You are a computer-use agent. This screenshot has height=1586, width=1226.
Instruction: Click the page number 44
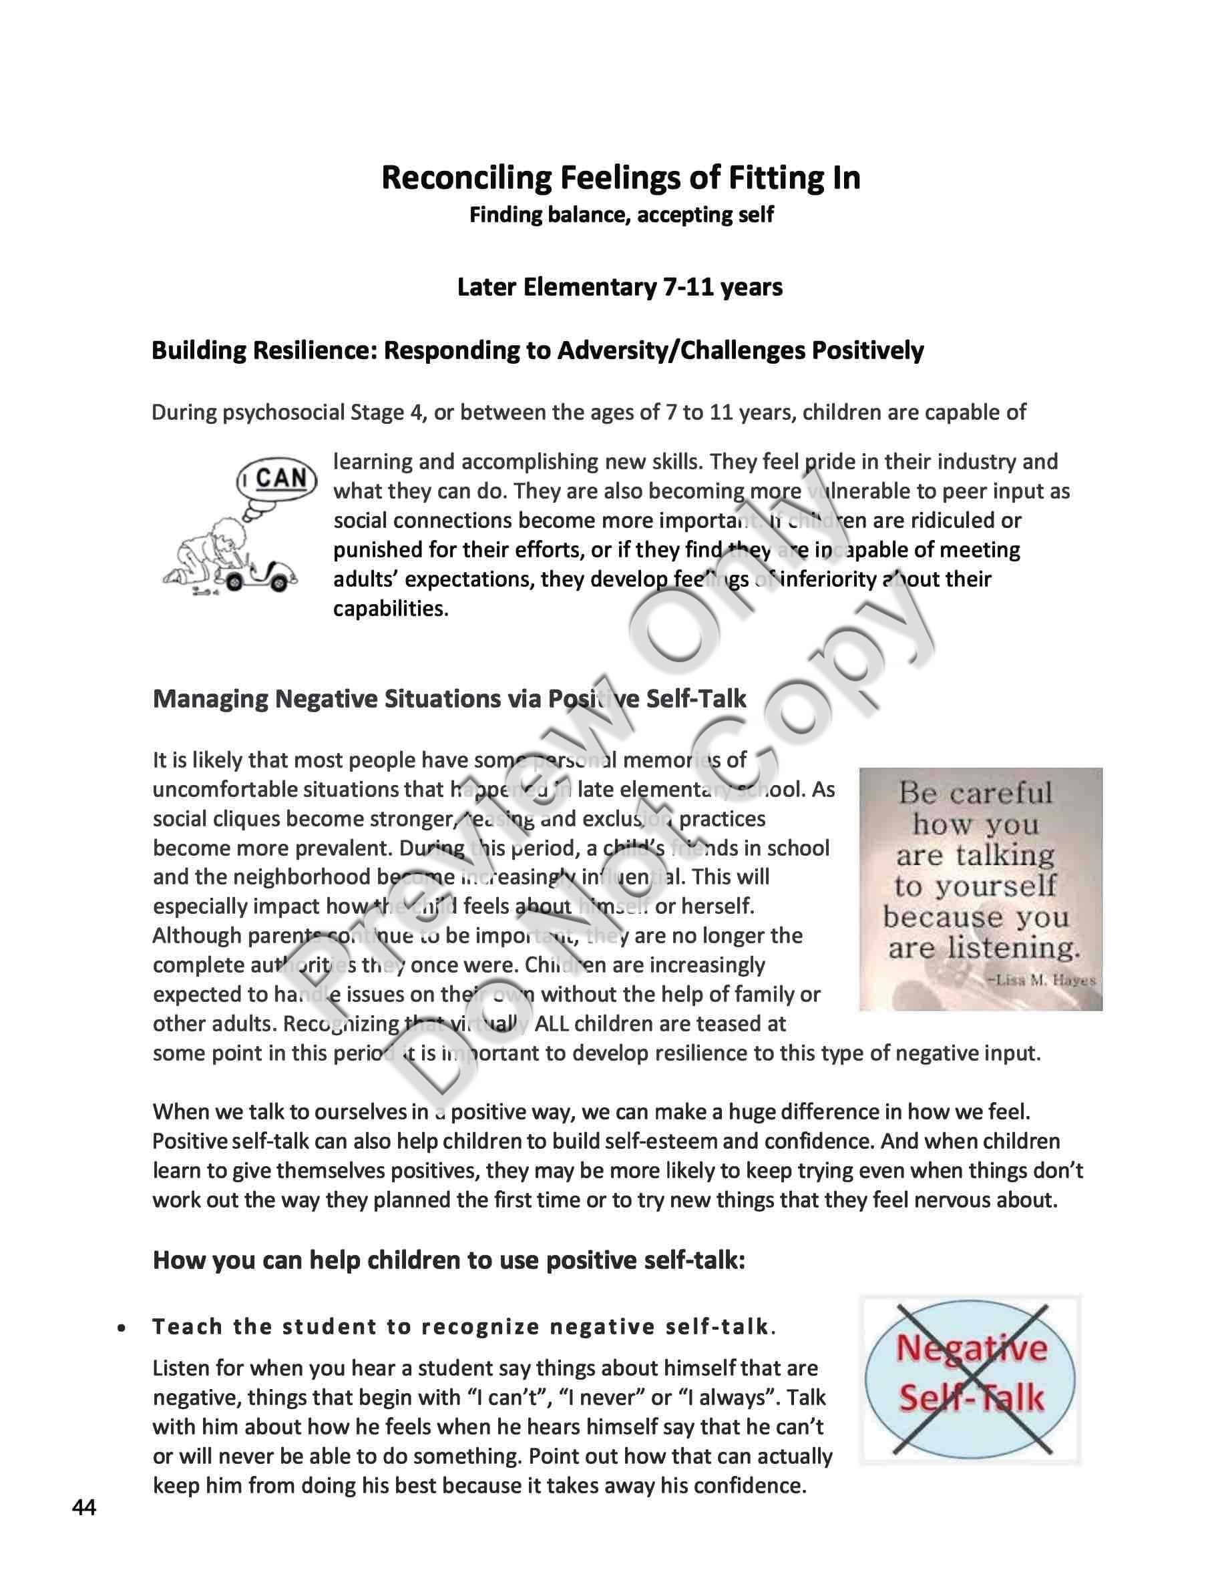(83, 1508)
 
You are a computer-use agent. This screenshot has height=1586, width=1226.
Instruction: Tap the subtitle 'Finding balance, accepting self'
(621, 215)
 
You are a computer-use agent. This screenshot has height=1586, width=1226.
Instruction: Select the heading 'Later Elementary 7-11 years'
(620, 288)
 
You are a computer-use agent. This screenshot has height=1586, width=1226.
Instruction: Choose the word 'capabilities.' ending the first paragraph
(391, 609)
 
